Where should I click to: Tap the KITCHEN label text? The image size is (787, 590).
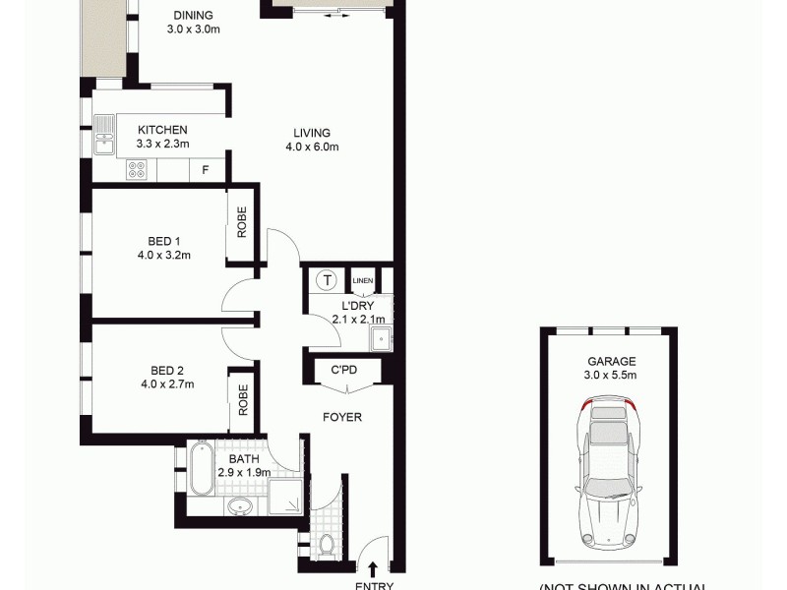(x=162, y=130)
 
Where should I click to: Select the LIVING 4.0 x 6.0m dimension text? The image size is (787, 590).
(x=311, y=147)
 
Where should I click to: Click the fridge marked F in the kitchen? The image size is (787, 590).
(x=205, y=170)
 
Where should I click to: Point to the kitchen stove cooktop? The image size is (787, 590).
(x=137, y=170)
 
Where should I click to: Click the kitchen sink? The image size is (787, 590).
(x=104, y=136)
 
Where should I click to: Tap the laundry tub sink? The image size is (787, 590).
(x=381, y=339)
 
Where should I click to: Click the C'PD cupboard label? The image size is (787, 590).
(x=342, y=371)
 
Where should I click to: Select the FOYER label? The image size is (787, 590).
(x=342, y=417)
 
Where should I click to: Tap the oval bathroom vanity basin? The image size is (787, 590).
(x=239, y=508)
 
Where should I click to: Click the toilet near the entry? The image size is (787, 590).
(x=329, y=543)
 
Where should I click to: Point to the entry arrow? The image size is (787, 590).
(x=374, y=567)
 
